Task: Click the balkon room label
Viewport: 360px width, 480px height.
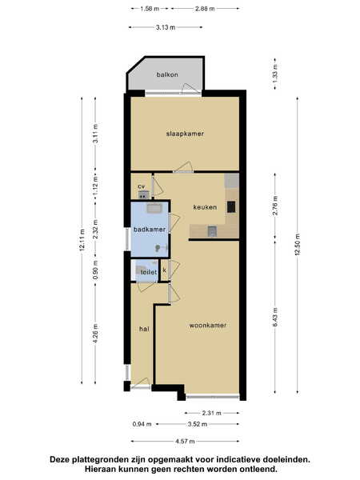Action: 167,74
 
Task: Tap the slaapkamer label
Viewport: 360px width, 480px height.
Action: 185,134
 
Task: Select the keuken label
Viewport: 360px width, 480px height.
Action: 205,207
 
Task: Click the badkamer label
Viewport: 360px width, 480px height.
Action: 150,230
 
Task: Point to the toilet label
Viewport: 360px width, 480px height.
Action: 149,272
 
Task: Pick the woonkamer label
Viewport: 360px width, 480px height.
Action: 208,325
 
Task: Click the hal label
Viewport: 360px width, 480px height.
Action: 144,329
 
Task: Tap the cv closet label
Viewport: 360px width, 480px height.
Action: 141,186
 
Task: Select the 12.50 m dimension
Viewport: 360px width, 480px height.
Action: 298,244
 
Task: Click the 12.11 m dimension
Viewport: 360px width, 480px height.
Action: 82,240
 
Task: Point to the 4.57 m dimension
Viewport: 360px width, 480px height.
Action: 185,441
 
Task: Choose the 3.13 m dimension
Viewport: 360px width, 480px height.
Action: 166,27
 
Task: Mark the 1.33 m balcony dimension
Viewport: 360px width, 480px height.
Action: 275,74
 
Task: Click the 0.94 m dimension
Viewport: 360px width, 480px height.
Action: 142,424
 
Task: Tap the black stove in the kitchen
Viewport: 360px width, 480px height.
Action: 231,207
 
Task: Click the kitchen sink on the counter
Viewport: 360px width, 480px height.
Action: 212,231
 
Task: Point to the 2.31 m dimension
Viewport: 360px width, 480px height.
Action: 211,413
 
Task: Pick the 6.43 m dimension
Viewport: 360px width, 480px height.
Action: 275,317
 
